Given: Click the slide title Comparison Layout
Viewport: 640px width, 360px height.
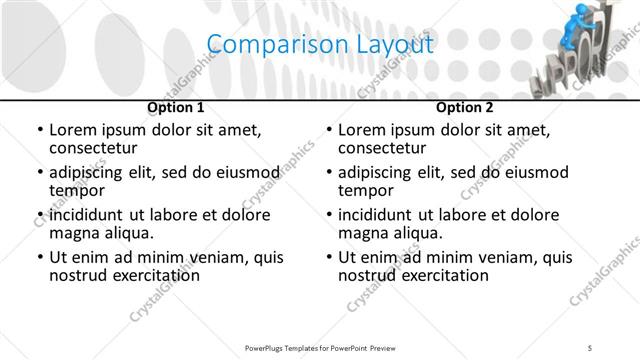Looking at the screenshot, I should [320, 45].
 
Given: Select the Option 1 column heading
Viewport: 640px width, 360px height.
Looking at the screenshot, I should [176, 107].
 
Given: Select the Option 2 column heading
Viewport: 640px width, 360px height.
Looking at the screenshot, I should [465, 107].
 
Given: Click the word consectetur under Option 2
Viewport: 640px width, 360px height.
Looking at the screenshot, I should [383, 148].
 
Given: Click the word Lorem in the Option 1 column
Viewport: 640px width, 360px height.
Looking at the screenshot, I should [74, 130].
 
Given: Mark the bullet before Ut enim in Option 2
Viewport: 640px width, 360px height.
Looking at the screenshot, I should [328, 257].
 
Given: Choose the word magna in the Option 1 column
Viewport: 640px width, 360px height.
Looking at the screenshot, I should [74, 233].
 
